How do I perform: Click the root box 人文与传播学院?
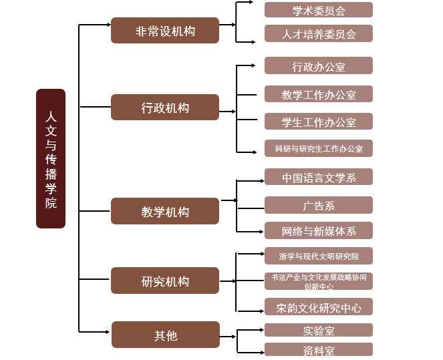pyautogui.click(x=51, y=158)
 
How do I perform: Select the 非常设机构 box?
pyautogui.click(x=165, y=31)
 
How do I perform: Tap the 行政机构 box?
pyautogui.click(x=165, y=108)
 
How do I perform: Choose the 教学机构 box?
pyautogui.click(x=165, y=211)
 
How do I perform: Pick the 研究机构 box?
pyautogui.click(x=165, y=281)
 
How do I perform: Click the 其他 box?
pyautogui.click(x=165, y=335)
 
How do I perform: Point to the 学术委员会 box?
pyautogui.click(x=318, y=10)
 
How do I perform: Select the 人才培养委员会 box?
pyautogui.click(x=318, y=33)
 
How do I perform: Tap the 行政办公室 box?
pyautogui.click(x=318, y=65)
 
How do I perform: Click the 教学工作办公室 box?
pyautogui.click(x=318, y=94)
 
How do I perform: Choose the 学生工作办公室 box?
pyautogui.click(x=318, y=122)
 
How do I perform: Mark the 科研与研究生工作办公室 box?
pyautogui.click(x=318, y=148)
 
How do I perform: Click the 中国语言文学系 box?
pyautogui.click(x=318, y=177)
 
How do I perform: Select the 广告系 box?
pyautogui.click(x=318, y=205)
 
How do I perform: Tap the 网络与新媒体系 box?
pyautogui.click(x=318, y=231)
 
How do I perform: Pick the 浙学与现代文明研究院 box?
pyautogui.click(x=318, y=256)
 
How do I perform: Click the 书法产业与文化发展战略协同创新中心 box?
pyautogui.click(x=318, y=281)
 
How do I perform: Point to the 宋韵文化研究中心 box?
pyautogui.click(x=318, y=307)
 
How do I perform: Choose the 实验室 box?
pyautogui.click(x=318, y=330)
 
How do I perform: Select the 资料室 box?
pyautogui.click(x=318, y=349)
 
